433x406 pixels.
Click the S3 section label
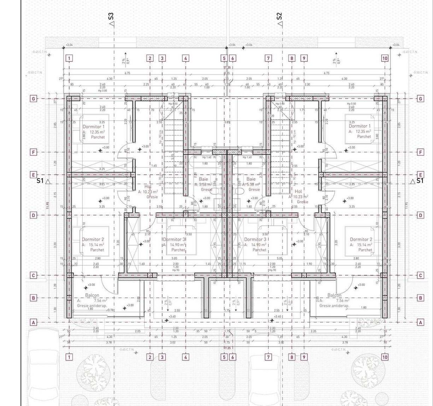coord(111,16)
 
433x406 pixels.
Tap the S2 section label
coord(279,16)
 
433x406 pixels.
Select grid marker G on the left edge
coord(33,99)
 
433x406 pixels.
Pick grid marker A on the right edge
coord(421,322)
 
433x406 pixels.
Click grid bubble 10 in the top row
coord(385,58)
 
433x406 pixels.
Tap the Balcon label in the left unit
coord(92,295)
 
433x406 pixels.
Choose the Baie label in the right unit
coord(251,179)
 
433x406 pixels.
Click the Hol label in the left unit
coord(148,186)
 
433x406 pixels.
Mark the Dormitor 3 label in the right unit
coord(255,239)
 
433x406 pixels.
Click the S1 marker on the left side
coord(40,181)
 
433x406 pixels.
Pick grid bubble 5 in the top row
coord(224,58)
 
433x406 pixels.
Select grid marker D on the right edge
coord(421,215)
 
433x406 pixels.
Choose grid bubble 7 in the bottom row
coord(268,357)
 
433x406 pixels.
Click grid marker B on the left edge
coord(33,298)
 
